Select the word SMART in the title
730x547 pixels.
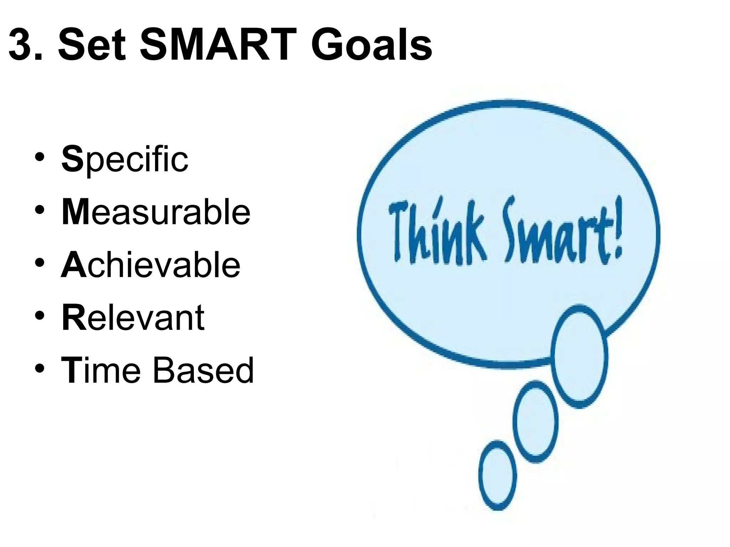[218, 46]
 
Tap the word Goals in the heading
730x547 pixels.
[371, 46]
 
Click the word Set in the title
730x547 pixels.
[92, 46]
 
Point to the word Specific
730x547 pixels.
[124, 159]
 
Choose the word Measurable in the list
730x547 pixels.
[156, 213]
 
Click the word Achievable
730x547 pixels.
[151, 265]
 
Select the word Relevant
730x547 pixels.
[133, 318]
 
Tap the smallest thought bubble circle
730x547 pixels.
[497, 475]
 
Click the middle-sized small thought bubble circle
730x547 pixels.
[535, 422]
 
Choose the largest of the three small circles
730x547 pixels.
[579, 356]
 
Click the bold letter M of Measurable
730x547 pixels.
[75, 213]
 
